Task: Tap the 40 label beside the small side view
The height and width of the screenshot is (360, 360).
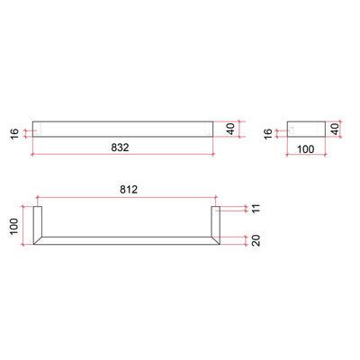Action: [336, 128]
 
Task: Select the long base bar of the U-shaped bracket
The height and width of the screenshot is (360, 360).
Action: [126, 239]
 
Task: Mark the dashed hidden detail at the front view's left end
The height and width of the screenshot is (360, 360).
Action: [36, 131]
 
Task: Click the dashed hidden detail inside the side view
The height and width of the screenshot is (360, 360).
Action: [292, 131]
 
